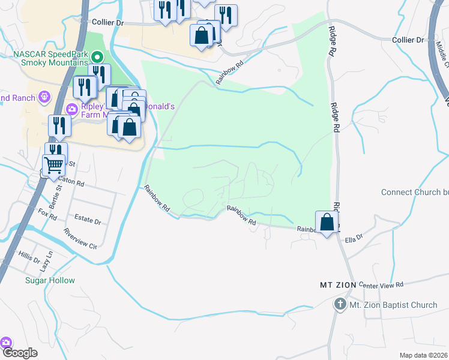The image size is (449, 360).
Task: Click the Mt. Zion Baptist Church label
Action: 393,305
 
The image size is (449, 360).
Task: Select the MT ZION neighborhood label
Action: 337,284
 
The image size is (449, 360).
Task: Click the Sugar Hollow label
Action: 50,280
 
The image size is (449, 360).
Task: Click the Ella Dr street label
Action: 354,239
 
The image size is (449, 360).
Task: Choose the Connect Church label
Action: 415,192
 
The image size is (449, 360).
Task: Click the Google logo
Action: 20,353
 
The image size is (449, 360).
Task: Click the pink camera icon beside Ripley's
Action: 71,109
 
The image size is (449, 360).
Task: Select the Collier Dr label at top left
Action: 108,22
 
